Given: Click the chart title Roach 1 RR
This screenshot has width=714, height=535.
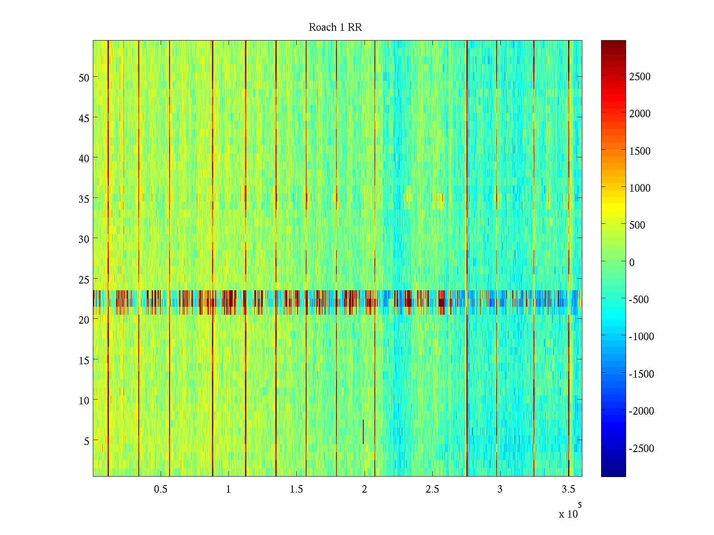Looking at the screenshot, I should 335,28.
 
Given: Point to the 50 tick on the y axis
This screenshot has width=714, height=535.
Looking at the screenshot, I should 84,78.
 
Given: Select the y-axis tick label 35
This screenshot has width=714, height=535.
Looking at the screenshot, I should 84,199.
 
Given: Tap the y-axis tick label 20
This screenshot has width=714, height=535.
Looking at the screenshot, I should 84,320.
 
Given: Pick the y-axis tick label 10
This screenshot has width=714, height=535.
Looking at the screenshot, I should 84,400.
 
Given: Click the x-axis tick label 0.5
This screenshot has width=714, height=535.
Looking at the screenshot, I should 161,490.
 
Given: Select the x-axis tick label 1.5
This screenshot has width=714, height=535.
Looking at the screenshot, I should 296,490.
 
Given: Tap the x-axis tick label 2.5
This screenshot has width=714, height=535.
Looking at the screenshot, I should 432,490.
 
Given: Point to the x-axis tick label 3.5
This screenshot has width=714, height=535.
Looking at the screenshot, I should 568,490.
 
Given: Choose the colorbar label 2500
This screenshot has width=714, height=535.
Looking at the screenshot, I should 640,77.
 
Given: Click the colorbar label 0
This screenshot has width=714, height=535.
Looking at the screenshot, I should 631,263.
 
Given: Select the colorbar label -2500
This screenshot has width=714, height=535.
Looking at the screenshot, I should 641,449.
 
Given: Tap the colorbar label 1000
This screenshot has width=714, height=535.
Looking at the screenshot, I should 640,188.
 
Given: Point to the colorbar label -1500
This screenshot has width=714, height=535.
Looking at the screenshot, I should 641,374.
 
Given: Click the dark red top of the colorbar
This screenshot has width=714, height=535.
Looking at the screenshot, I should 613,43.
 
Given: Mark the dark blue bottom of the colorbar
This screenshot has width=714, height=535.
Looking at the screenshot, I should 613,473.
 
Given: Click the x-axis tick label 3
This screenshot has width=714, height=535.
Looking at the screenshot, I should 500,490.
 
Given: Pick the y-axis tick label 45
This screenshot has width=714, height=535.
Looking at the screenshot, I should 84,118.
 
